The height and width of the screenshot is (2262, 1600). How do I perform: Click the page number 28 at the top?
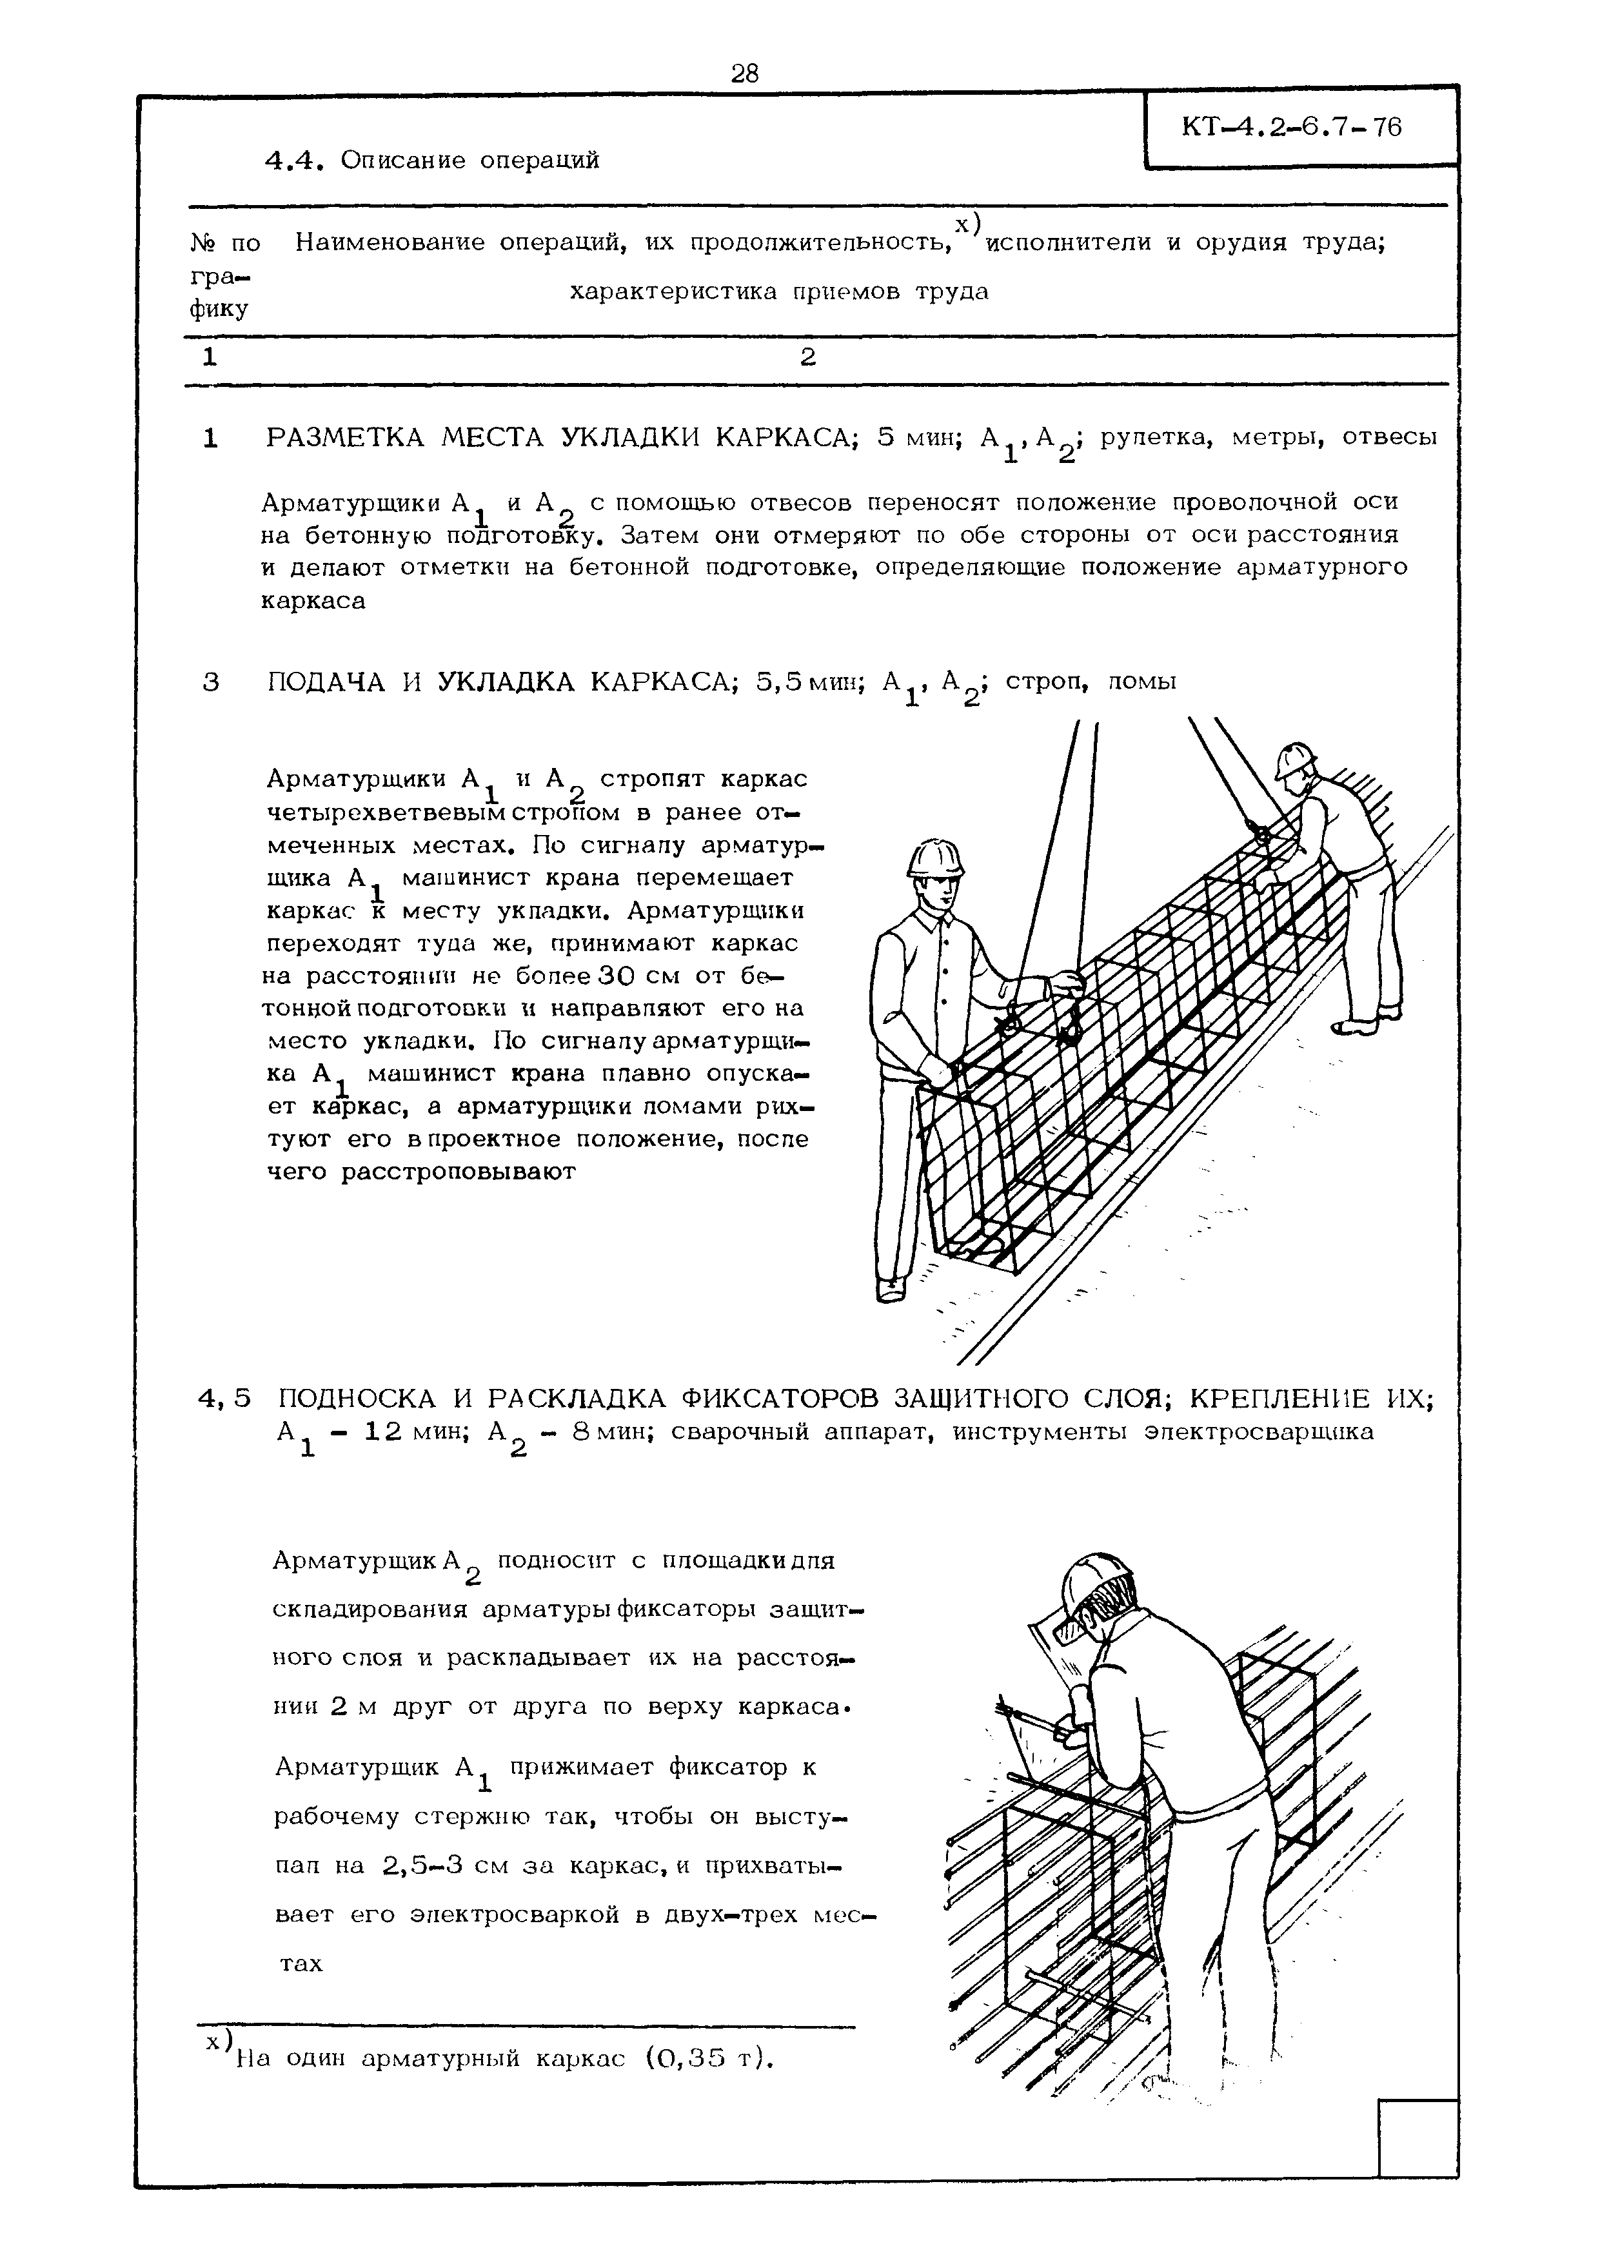click(745, 73)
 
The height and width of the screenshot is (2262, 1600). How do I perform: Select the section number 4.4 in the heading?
click(295, 160)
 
